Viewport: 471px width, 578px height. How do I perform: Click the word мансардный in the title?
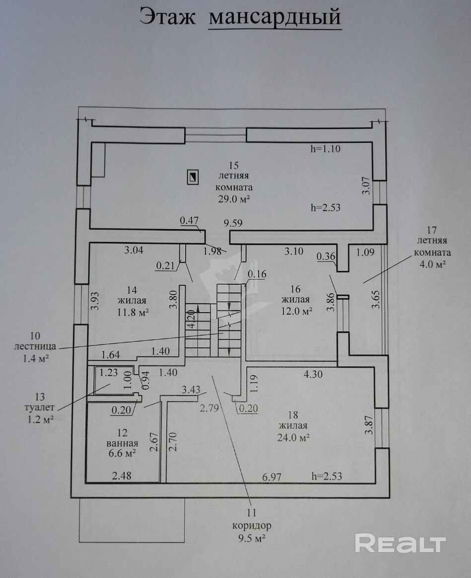274,17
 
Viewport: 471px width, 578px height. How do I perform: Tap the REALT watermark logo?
401,543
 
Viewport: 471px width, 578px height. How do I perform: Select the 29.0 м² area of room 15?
233,199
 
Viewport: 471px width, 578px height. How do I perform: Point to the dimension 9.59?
234,224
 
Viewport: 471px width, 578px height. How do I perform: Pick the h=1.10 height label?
325,148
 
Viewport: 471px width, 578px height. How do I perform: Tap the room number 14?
132,289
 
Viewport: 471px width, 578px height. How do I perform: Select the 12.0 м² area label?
296,311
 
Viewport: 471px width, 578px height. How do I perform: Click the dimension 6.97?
272,477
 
